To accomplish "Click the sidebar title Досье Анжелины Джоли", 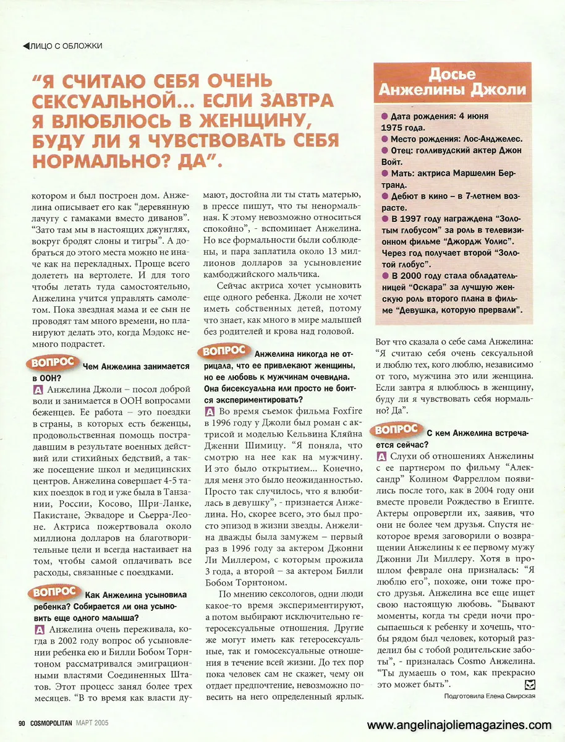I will click(452, 82).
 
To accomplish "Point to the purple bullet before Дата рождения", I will click(384, 116).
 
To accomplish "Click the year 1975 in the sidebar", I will click(394, 127).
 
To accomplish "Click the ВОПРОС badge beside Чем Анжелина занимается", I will click(54, 363).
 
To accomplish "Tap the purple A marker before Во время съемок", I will click(210, 411).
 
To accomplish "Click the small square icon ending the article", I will click(529, 683).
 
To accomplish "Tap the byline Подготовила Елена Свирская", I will click(489, 696).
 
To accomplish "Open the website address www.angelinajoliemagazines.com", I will click(459, 725).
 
